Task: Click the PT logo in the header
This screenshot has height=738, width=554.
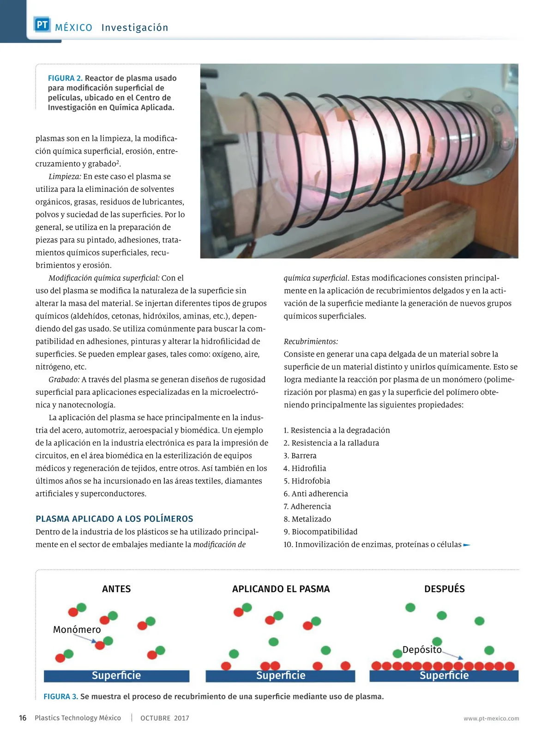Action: [42, 25]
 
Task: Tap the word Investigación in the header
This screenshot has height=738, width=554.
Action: [135, 28]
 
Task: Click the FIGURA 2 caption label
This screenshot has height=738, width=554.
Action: [65, 78]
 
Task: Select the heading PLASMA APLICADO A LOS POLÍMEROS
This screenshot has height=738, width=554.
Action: [114, 519]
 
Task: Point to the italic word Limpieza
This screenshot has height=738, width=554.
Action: [65, 177]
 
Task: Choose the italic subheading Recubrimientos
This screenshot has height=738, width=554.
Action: [311, 342]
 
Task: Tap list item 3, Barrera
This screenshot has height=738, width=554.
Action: [300, 456]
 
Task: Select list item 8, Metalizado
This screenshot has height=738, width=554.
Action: [307, 519]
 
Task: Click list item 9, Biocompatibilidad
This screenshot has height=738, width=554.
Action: [320, 532]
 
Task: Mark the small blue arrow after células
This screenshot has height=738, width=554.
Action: [467, 545]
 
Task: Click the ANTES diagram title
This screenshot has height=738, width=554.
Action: [116, 589]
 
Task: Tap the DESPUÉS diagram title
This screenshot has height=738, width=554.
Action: [444, 589]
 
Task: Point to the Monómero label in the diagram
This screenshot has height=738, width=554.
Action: [77, 630]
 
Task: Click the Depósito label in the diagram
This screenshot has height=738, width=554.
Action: [422, 650]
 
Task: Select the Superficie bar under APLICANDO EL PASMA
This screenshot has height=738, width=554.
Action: [280, 676]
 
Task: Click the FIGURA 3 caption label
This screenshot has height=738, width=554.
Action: [60, 696]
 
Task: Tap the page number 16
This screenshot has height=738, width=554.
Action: [23, 718]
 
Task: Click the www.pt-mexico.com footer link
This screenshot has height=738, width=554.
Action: [491, 719]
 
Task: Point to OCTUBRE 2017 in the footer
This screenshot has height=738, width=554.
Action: [164, 718]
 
